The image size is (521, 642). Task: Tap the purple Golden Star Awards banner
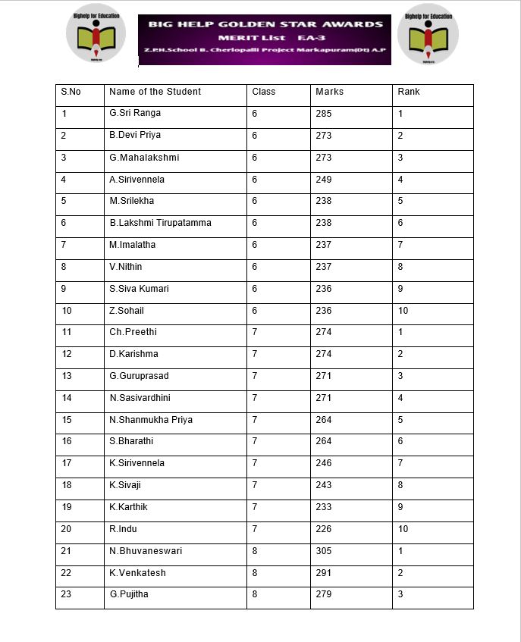pos(265,39)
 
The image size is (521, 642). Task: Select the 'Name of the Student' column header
pos(155,92)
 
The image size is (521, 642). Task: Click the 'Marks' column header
pos(329,92)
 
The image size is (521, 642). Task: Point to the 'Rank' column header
pos(408,92)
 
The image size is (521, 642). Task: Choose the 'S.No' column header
pos(71,92)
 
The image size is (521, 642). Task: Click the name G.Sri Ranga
pos(135,114)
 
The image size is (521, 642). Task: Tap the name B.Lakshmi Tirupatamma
pos(160,223)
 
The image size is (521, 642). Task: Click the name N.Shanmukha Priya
pos(151,420)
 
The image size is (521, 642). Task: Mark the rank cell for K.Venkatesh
pos(400,573)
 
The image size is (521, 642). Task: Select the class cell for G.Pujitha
pos(255,594)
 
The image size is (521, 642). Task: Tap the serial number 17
pos(67,463)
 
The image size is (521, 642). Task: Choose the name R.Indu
pos(123,529)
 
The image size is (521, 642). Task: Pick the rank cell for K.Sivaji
pos(400,485)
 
